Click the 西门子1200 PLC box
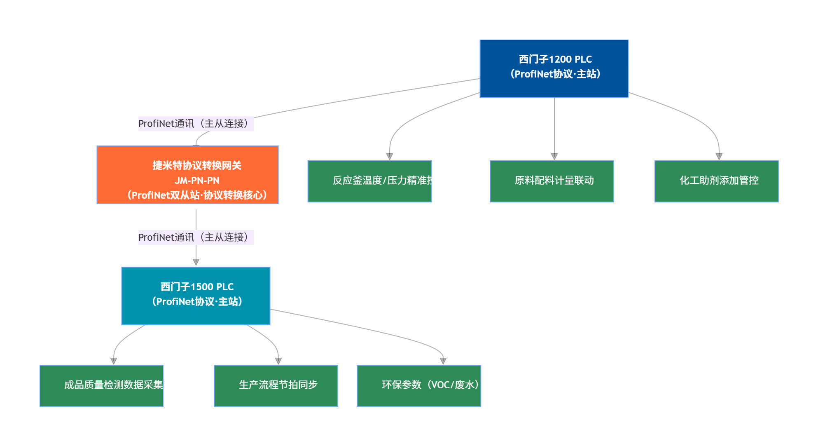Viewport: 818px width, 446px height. click(554, 68)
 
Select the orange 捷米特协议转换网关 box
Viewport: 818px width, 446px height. click(187, 175)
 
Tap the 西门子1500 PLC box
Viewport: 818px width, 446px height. click(196, 296)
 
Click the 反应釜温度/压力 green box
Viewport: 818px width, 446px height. click(369, 181)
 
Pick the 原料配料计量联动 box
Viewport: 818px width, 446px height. click(552, 181)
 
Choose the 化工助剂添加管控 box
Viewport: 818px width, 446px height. click(716, 181)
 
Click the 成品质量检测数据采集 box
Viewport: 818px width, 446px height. click(101, 386)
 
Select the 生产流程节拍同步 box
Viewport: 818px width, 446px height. click(276, 386)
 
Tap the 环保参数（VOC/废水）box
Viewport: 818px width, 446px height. click(419, 386)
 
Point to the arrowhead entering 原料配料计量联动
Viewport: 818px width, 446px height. click(554, 157)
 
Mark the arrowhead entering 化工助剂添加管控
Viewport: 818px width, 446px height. click(719, 157)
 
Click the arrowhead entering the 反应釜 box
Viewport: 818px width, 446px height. click(390, 157)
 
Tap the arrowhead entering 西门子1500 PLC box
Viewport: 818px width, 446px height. click(196, 262)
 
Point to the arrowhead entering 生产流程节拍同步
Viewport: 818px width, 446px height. click(278, 361)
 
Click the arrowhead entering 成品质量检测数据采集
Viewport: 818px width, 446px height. click(114, 361)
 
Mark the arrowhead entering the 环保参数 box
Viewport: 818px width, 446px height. click(443, 361)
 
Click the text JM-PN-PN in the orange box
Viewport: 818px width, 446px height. click(197, 181)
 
